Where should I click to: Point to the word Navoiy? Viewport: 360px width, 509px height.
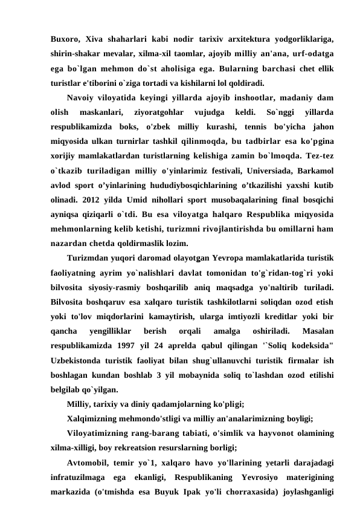tap(83, 97)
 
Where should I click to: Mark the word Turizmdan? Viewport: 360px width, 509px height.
tap(91, 256)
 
